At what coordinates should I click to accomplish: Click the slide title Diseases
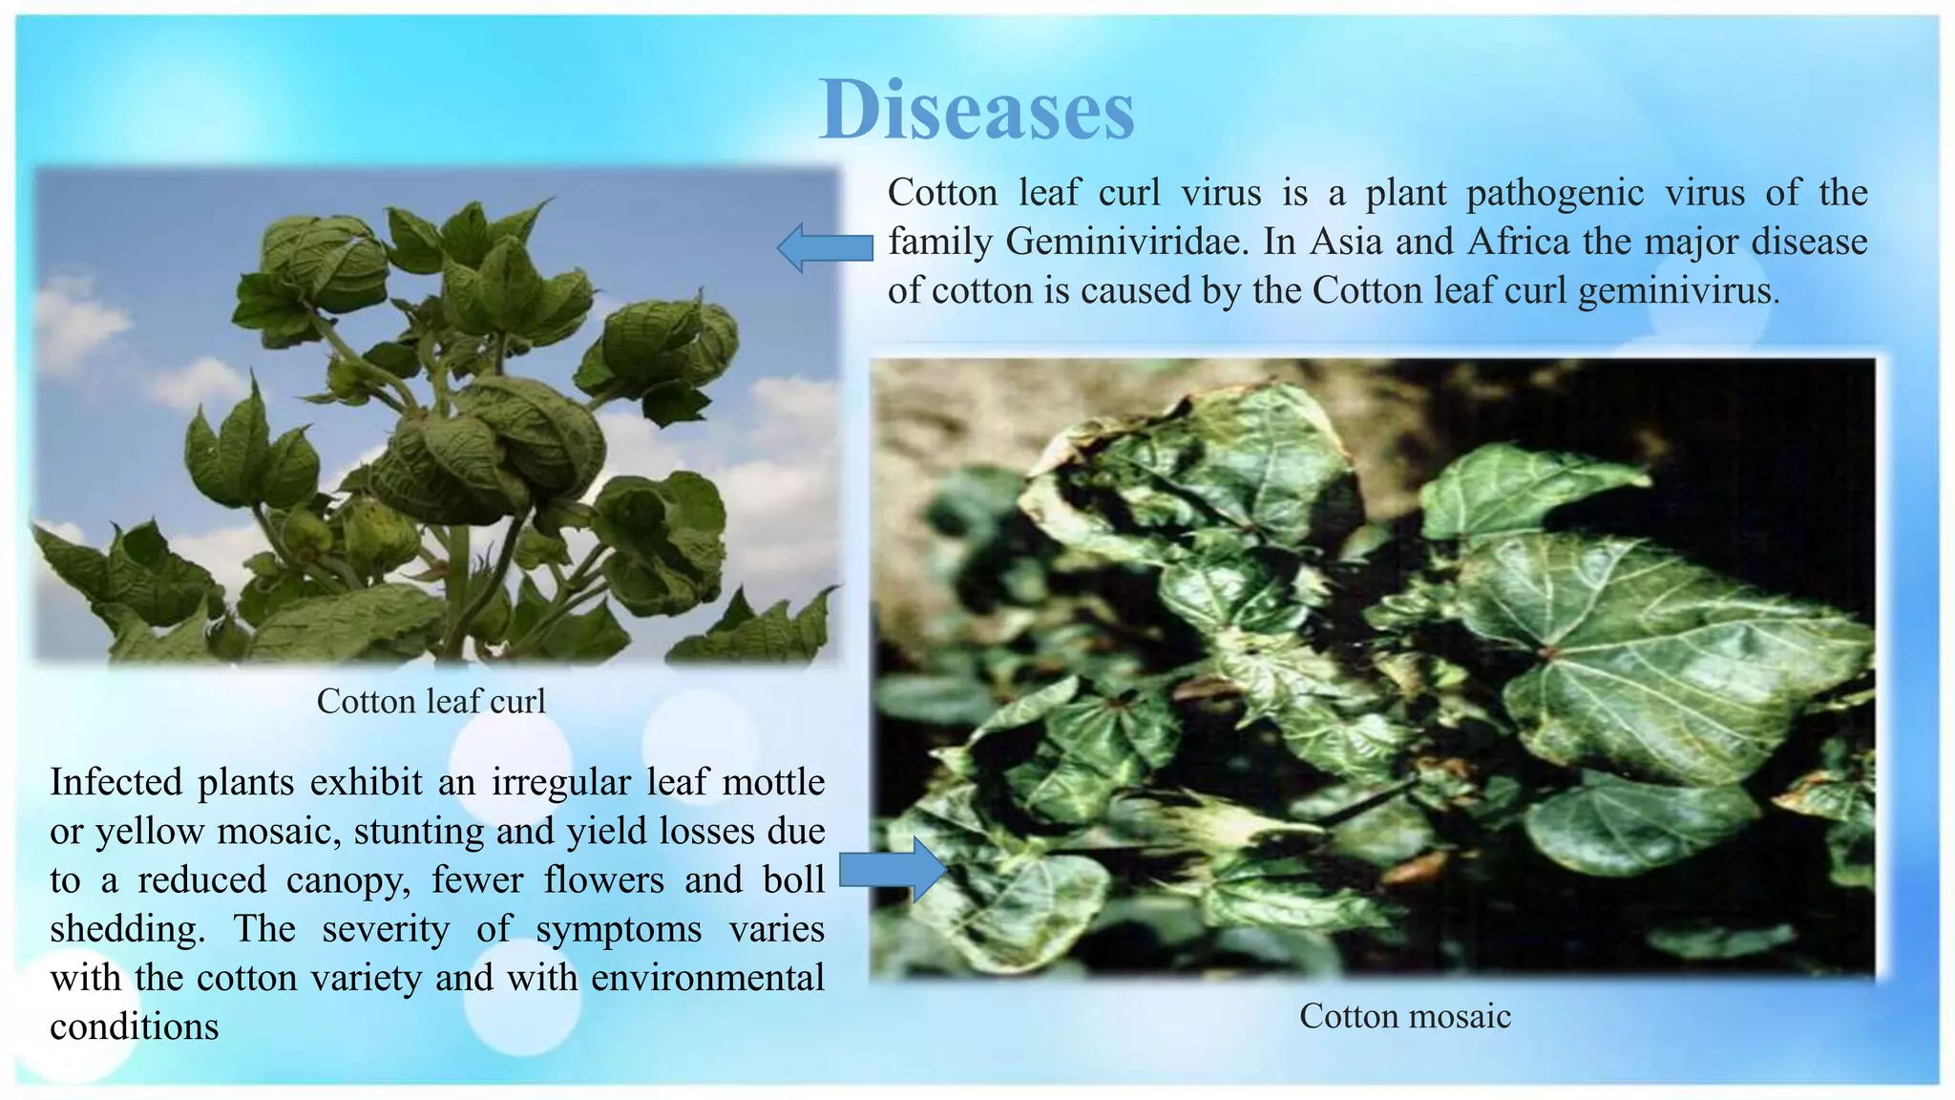tap(977, 110)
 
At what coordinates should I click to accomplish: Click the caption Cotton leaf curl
tap(431, 702)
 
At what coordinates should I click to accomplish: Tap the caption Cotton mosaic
tap(1404, 1016)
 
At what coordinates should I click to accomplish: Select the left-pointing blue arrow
tap(825, 248)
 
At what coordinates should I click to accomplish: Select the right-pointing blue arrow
tap(893, 870)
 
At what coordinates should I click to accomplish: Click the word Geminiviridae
tap(1126, 242)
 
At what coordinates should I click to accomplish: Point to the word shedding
tap(127, 929)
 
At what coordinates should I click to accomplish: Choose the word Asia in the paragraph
tap(1345, 242)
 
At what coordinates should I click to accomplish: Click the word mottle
tap(773, 782)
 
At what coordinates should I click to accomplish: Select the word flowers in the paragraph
tap(603, 880)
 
